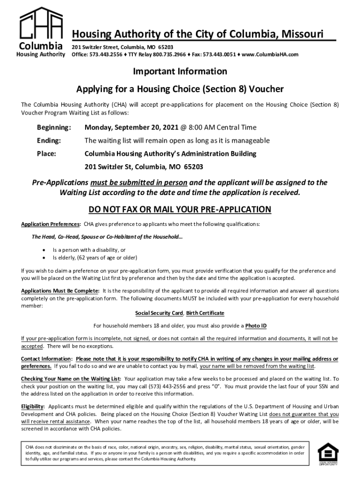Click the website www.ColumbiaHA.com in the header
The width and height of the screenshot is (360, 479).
pos(272,55)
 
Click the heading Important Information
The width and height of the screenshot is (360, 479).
pos(180,72)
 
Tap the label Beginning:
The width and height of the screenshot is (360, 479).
pos(54,127)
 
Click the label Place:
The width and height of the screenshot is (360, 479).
pos(47,153)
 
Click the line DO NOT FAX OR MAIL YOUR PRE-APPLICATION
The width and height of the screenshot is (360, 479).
pos(180,209)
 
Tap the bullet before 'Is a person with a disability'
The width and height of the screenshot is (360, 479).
pos(44,250)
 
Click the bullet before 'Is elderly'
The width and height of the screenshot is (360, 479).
pos(44,257)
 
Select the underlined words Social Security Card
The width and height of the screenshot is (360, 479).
pos(158,312)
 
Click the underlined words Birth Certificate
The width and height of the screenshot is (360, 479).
pos(205,312)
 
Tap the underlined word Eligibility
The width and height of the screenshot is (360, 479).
pos(33,406)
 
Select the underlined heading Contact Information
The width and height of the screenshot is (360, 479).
pos(46,359)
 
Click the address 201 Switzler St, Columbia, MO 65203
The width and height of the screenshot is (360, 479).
pos(144,167)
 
